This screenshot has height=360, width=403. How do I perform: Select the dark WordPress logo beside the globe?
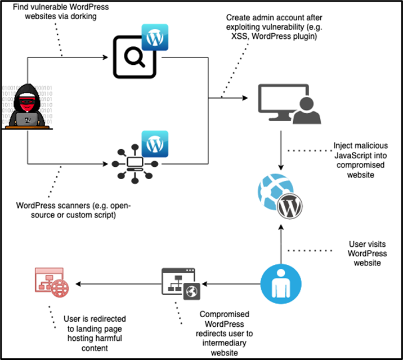(x=289, y=206)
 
